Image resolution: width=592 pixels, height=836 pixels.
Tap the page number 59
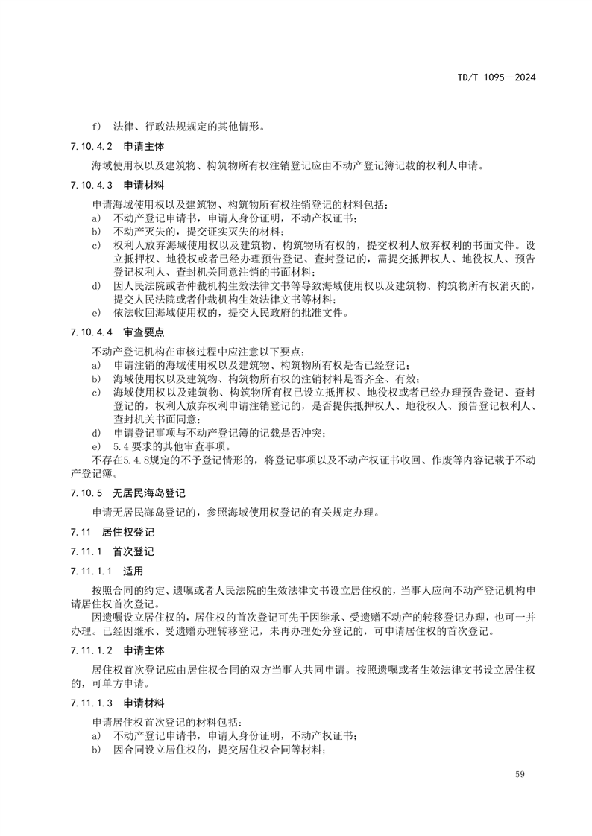pos(520,775)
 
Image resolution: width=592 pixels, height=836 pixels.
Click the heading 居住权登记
pos(122,531)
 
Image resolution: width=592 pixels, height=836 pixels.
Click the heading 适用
pos(133,571)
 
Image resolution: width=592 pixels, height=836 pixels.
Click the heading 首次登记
pos(133,551)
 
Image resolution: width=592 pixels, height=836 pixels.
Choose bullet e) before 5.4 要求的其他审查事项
pos(96,446)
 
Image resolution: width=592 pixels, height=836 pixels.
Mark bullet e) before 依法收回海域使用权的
pos(96,311)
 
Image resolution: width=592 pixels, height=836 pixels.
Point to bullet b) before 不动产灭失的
pos(96,231)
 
